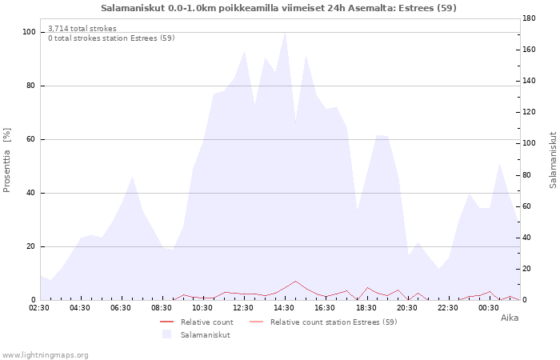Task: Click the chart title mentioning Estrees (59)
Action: (278, 8)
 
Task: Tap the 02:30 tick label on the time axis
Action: (39, 308)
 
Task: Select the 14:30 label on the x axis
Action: (284, 308)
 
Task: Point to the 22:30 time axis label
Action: (448, 308)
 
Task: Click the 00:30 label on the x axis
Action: (489, 308)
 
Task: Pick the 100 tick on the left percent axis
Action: (30, 32)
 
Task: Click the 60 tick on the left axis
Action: (30, 139)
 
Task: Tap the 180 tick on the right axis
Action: (529, 18)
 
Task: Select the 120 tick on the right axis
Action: (529, 112)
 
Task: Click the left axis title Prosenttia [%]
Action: (6, 160)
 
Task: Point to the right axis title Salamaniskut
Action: (553, 160)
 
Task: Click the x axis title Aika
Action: (510, 318)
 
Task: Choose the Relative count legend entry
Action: (197, 322)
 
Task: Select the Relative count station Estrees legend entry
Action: (323, 322)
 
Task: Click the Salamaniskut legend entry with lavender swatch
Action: (196, 334)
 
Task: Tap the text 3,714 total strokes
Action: (82, 29)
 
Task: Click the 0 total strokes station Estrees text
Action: (111, 38)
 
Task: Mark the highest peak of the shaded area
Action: (285, 31)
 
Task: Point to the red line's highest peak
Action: (295, 281)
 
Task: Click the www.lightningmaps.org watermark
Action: (45, 355)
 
